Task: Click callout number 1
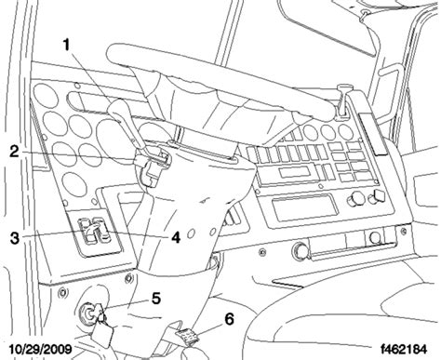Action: (66, 46)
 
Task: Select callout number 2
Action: (14, 153)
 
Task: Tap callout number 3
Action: (15, 238)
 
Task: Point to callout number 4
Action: (176, 238)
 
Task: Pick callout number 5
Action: (155, 299)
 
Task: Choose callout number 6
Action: (229, 319)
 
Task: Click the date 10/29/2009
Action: (41, 349)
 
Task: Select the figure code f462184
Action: (404, 349)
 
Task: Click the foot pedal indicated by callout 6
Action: (186, 337)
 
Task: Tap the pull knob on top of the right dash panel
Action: (342, 101)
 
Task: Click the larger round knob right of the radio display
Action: (355, 199)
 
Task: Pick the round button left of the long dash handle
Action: (301, 250)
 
